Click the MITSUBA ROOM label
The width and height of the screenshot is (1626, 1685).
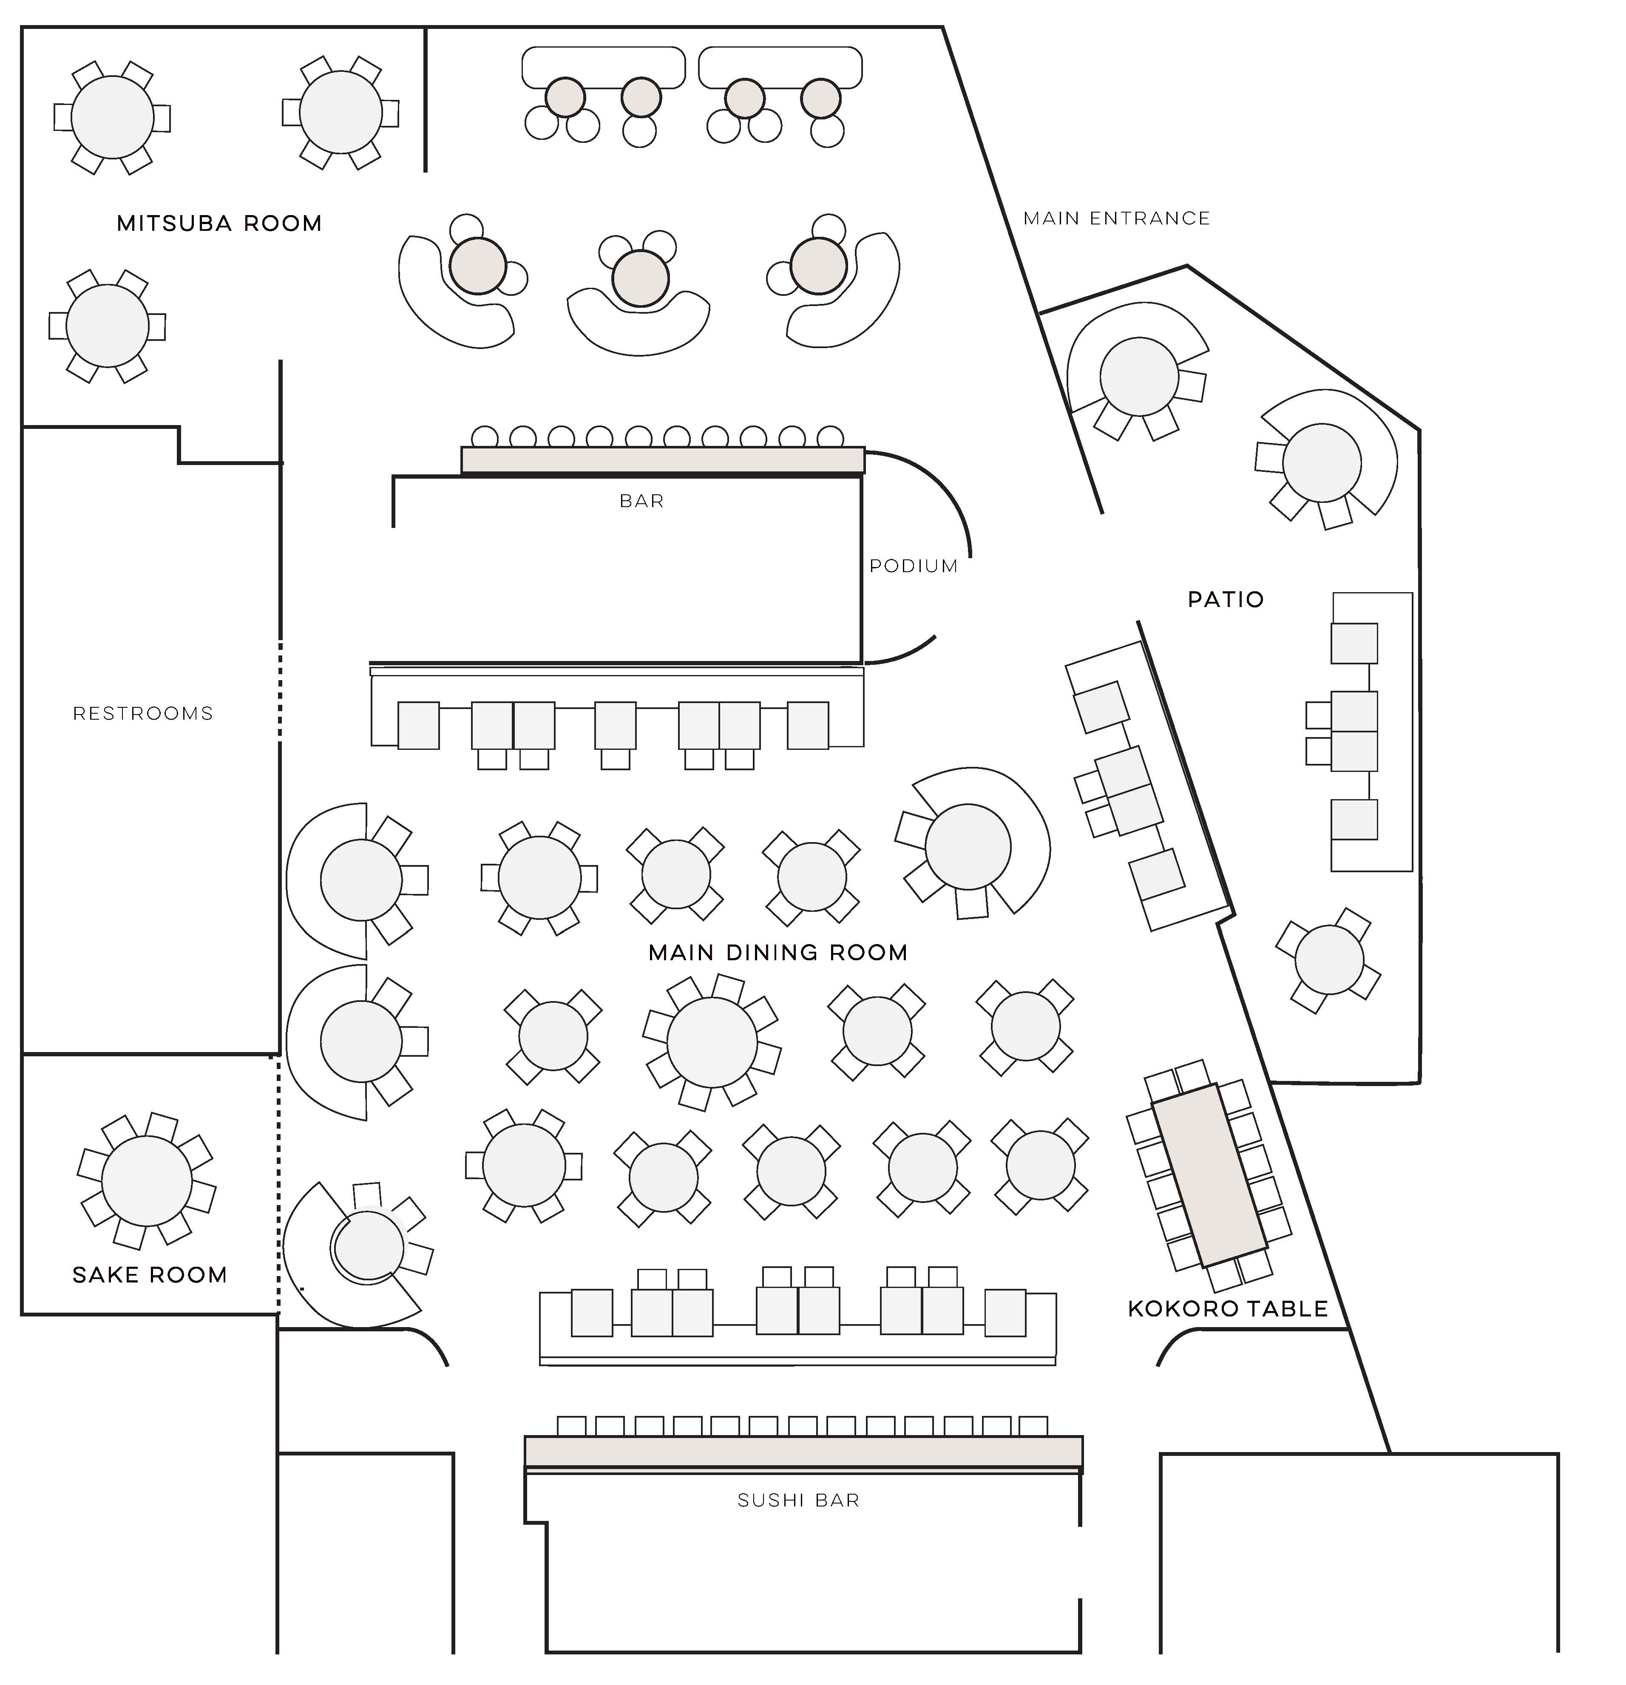click(x=219, y=224)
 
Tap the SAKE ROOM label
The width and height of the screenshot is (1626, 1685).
click(x=150, y=1275)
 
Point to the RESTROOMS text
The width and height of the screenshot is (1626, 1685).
click(x=143, y=714)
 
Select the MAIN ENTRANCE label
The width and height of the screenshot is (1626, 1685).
click(x=1116, y=218)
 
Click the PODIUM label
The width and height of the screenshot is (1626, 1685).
click(x=913, y=566)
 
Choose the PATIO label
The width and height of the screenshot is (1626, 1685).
click(x=1225, y=599)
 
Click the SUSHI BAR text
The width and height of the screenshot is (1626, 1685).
click(x=798, y=1500)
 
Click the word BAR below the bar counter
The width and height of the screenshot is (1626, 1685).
click(x=641, y=500)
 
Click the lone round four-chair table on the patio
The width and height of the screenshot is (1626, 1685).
click(x=1328, y=959)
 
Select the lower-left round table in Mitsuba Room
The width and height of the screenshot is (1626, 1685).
click(x=108, y=326)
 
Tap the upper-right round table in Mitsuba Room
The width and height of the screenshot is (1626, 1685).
click(x=341, y=113)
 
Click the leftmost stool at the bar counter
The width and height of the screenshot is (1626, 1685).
click(x=485, y=436)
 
